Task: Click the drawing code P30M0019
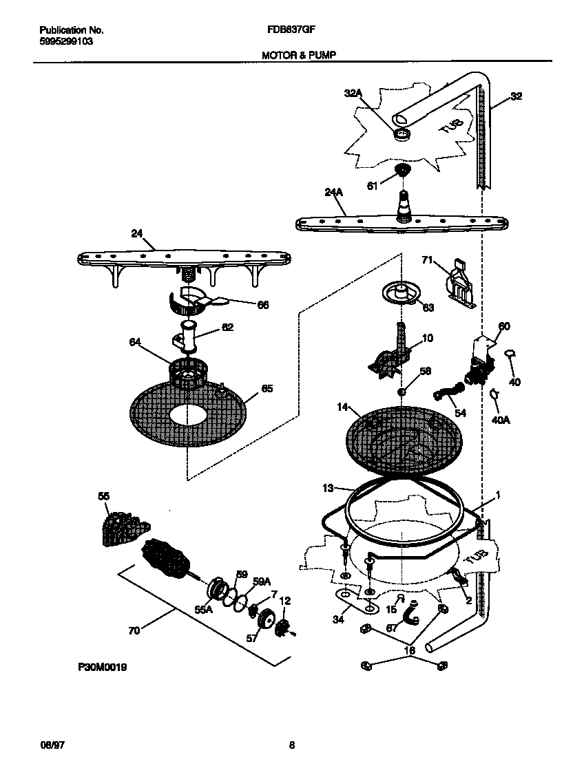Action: point(102,668)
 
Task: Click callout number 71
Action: point(427,259)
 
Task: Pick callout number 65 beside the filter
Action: point(267,389)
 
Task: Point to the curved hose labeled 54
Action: point(446,394)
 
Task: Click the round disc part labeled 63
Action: point(397,294)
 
